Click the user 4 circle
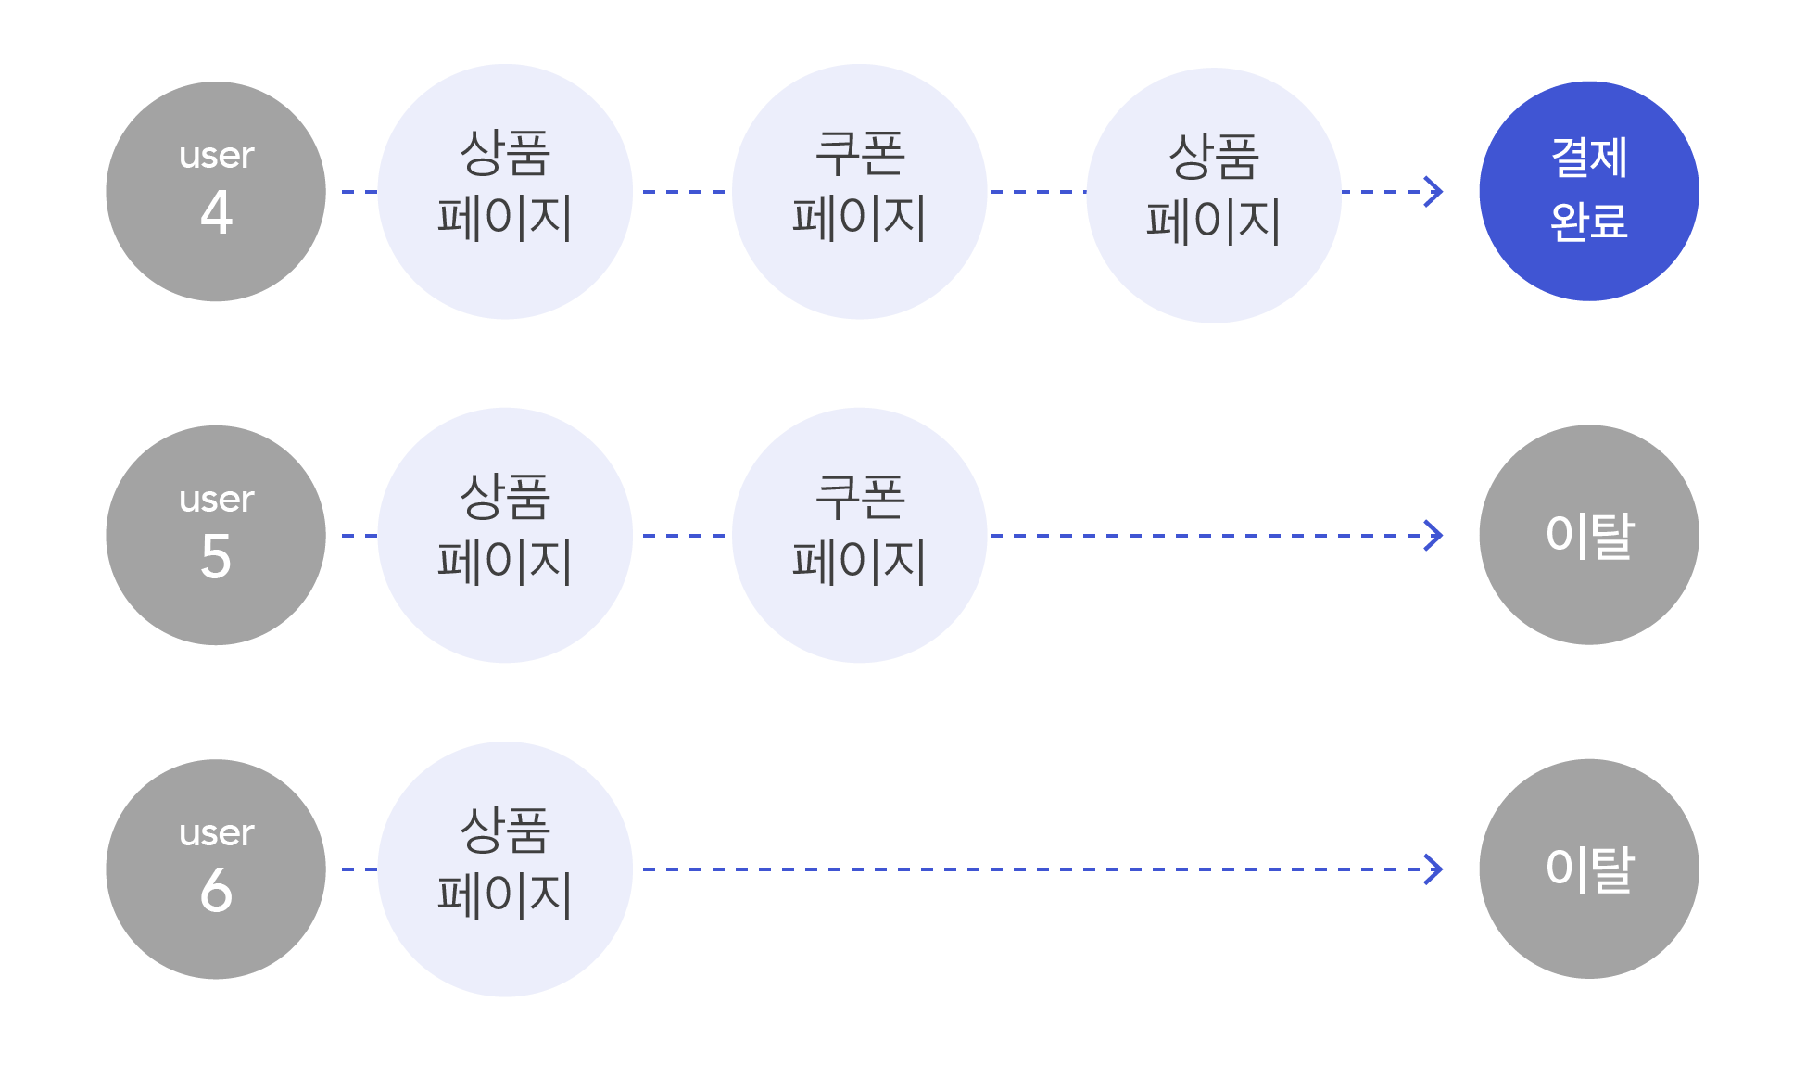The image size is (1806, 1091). pos(216,192)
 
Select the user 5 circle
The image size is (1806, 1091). pos(216,535)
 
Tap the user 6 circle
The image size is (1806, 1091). pos(216,869)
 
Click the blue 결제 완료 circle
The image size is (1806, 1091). pos(1588,191)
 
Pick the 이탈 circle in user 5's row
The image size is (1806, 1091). pos(1588,535)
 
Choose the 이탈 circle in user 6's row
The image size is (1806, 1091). pos(1588,869)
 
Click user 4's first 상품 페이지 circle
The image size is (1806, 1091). pos(505,192)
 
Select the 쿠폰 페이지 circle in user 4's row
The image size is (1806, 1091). pos(859,192)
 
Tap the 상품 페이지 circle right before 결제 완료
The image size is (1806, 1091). pos(1213,195)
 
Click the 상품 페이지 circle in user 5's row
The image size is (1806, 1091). pos(505,535)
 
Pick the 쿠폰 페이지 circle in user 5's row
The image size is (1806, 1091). pos(859,535)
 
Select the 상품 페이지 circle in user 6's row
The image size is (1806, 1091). pos(505,869)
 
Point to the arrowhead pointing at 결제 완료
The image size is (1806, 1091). pos(1434,192)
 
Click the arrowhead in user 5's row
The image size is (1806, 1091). pos(1434,535)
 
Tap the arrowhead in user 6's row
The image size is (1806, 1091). pos(1434,869)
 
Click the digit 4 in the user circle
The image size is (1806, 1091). pos(216,212)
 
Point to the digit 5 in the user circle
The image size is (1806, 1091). pos(216,556)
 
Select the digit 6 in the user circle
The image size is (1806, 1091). pos(216,890)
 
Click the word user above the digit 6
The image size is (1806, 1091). pos(216,832)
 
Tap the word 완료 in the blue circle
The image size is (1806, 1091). pos(1588,222)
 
